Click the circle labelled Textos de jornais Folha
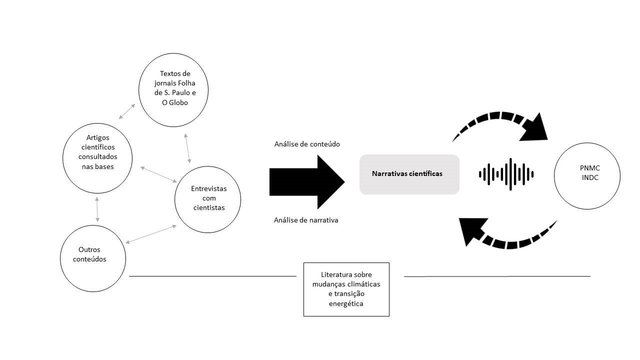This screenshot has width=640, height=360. [x=173, y=90]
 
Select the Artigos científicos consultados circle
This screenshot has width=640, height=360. [x=97, y=158]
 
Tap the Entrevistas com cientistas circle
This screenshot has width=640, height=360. [x=207, y=199]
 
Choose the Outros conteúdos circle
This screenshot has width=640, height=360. [x=93, y=258]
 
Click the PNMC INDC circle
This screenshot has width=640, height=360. [x=587, y=176]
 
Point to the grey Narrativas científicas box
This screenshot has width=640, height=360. [x=409, y=174]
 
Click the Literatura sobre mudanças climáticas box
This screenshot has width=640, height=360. [x=346, y=289]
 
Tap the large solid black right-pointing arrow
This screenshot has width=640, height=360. [x=307, y=182]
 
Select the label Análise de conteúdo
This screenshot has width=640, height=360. [x=307, y=144]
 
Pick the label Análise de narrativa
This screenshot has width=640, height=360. [x=306, y=220]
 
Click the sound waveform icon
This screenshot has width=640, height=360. [x=506, y=174]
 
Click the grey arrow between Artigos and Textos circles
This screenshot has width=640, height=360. [x=127, y=111]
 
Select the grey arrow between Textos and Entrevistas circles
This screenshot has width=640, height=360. [x=187, y=148]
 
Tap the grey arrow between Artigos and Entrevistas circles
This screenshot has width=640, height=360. [x=158, y=174]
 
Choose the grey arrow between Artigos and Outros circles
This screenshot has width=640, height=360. [x=97, y=209]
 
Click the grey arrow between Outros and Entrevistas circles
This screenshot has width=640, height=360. [x=151, y=234]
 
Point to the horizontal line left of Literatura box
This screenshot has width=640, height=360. [x=213, y=276]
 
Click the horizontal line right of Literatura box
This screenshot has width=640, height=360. [x=497, y=276]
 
